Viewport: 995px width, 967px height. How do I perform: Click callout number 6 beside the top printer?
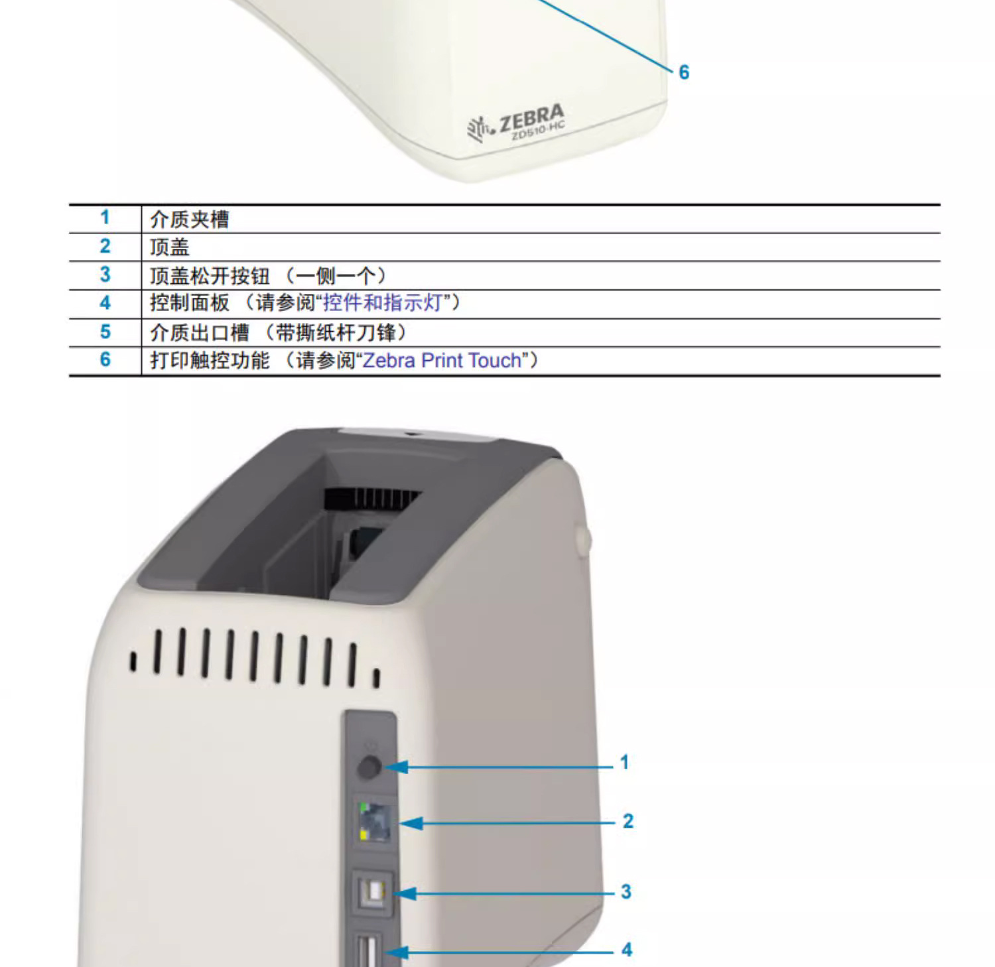684,72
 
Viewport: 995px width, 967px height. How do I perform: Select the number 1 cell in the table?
105,218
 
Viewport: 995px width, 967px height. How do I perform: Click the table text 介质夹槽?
190,219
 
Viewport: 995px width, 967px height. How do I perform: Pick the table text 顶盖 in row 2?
170,247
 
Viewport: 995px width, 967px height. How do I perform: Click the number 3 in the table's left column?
105,275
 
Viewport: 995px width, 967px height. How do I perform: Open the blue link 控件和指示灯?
382,303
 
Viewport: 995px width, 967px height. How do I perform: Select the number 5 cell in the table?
105,332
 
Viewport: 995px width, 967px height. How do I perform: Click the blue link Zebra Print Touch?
442,360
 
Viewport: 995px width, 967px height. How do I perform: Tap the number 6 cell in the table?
105,359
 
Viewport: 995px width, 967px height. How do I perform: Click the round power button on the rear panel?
369,767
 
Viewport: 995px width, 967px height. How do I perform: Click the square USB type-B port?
374,893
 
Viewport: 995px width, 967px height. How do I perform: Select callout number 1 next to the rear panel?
624,762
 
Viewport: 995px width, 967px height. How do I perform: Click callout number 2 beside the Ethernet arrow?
628,821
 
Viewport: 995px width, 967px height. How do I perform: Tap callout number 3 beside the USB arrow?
626,891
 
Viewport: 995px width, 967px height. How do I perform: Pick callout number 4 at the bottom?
626,950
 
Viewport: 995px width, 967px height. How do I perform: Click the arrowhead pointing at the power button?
397,767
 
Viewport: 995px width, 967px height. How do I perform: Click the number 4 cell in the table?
105,303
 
